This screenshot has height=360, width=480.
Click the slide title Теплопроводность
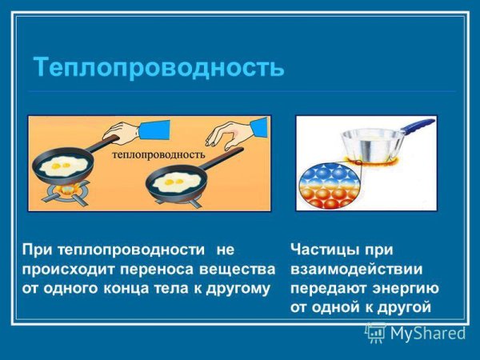pos(158,66)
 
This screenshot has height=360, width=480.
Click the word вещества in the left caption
pos(240,268)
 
